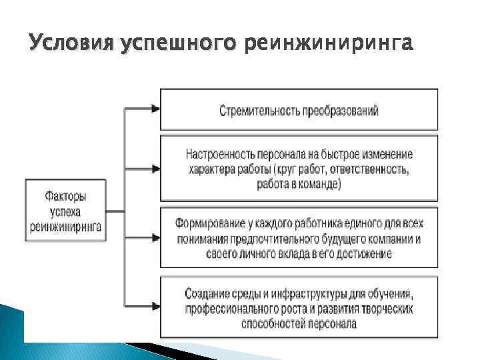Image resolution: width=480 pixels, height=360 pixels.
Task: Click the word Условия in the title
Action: click(x=71, y=43)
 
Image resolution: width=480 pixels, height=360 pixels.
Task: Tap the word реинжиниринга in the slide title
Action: click(x=329, y=44)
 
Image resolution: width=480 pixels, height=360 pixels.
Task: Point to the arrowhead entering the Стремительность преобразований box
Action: click(x=156, y=107)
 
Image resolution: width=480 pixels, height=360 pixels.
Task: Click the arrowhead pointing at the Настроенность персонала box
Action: click(x=156, y=169)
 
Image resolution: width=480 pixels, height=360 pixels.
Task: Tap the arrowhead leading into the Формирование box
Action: click(x=156, y=238)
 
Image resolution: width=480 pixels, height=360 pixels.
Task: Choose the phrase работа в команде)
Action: click(x=299, y=184)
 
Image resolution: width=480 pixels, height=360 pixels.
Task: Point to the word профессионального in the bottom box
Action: click(x=230, y=309)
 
